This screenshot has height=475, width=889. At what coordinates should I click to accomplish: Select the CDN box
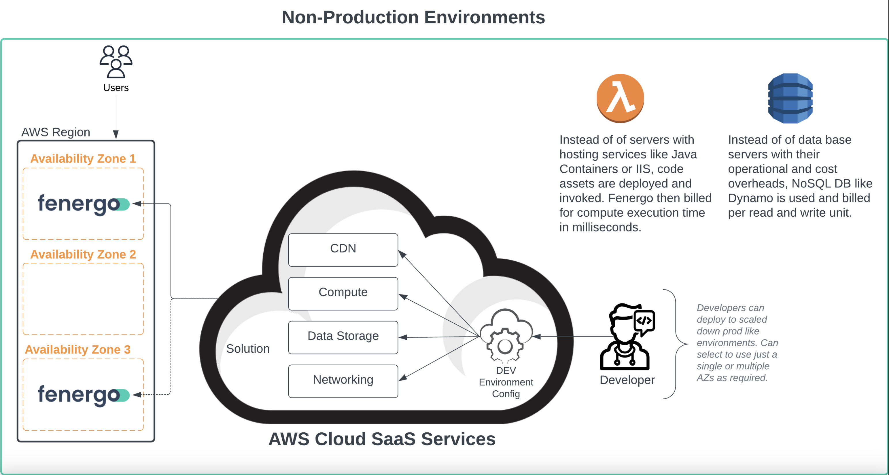coord(343,250)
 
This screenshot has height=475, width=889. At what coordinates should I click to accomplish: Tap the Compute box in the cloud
coord(343,294)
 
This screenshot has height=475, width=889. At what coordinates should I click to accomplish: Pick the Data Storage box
coord(343,337)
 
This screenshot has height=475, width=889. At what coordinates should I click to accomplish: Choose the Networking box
coord(343,381)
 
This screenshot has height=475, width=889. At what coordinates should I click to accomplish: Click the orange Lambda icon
coord(620,98)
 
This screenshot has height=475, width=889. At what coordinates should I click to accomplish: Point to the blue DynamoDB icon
coord(790,98)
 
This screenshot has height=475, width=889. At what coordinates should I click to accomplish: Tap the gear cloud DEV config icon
coord(506,336)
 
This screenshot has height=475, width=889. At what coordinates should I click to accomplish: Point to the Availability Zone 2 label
coord(83,254)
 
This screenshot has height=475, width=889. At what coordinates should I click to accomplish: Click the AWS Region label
coord(56,132)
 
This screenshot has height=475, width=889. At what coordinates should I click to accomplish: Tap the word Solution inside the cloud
coord(248,349)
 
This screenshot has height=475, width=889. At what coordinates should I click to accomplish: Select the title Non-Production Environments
coord(413,17)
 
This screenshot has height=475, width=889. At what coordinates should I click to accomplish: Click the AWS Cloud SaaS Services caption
coord(382,439)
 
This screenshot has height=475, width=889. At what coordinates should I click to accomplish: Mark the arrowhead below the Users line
coord(116,134)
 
